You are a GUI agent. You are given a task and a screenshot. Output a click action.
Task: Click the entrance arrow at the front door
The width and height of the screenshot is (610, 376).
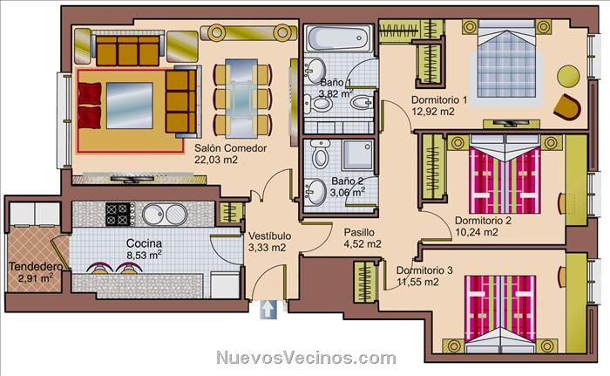pos(268,310)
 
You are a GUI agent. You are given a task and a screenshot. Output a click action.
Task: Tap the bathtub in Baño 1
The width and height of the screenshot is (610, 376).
pos(338,38)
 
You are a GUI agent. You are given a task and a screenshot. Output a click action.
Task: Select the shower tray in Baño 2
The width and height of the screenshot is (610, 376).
pos(357,154)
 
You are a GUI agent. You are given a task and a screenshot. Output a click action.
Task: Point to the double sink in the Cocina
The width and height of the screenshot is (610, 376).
pos(165,215)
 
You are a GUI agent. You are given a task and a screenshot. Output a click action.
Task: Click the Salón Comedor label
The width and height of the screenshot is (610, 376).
pos(231,148)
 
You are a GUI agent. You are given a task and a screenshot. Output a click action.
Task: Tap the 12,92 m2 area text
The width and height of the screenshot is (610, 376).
pos(433,112)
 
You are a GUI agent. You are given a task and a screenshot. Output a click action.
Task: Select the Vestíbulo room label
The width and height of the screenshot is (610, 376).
pos(269,236)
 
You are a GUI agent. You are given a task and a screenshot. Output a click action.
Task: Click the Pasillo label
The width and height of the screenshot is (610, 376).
pos(359,232)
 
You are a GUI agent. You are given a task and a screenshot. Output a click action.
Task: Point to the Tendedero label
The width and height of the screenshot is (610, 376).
pos(36,267)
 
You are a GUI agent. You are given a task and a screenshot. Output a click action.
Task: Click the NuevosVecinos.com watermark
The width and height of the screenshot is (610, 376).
pos(306,358)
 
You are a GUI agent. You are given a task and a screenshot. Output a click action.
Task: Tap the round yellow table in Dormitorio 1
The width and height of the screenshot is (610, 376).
pos(568,76)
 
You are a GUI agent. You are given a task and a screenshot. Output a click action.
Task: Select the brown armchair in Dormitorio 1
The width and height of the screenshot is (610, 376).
pos(567,106)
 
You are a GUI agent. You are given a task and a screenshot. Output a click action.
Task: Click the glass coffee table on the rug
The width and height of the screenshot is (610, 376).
pos(130,106)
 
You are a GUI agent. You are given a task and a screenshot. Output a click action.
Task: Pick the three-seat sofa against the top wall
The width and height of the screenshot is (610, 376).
pos(127,51)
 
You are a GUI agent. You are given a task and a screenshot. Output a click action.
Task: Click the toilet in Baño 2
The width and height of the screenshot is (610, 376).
pos(321,154)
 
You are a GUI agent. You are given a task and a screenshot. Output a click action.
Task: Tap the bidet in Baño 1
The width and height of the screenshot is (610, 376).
pos(362,103)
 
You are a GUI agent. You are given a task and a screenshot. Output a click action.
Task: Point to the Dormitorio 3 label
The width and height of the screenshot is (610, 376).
pos(424,270)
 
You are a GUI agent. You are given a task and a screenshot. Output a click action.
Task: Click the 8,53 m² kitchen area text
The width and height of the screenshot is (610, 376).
pos(145,256)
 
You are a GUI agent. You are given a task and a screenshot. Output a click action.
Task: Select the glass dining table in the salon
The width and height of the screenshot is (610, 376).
pos(241,98)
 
